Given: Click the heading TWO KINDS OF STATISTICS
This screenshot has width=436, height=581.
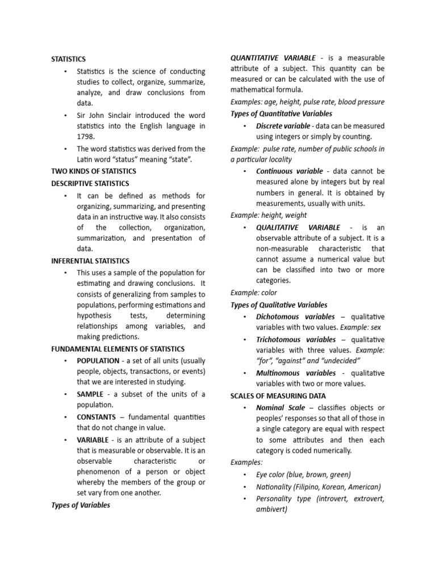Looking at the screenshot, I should click(x=94, y=171).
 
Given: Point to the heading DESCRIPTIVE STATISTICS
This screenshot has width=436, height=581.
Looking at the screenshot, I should click(x=90, y=183).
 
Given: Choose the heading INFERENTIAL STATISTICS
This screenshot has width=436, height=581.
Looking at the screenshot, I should click(x=90, y=261).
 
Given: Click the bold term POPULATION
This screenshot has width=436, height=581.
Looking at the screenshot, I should click(x=98, y=361).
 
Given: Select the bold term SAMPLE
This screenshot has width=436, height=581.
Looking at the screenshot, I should click(x=90, y=394).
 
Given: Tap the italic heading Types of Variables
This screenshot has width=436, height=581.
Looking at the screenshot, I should click(x=81, y=505).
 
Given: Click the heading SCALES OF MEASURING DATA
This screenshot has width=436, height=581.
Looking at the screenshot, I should click(x=278, y=395).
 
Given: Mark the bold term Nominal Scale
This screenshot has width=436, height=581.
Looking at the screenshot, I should click(x=280, y=407).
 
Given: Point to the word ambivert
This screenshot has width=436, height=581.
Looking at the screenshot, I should click(x=271, y=509).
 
